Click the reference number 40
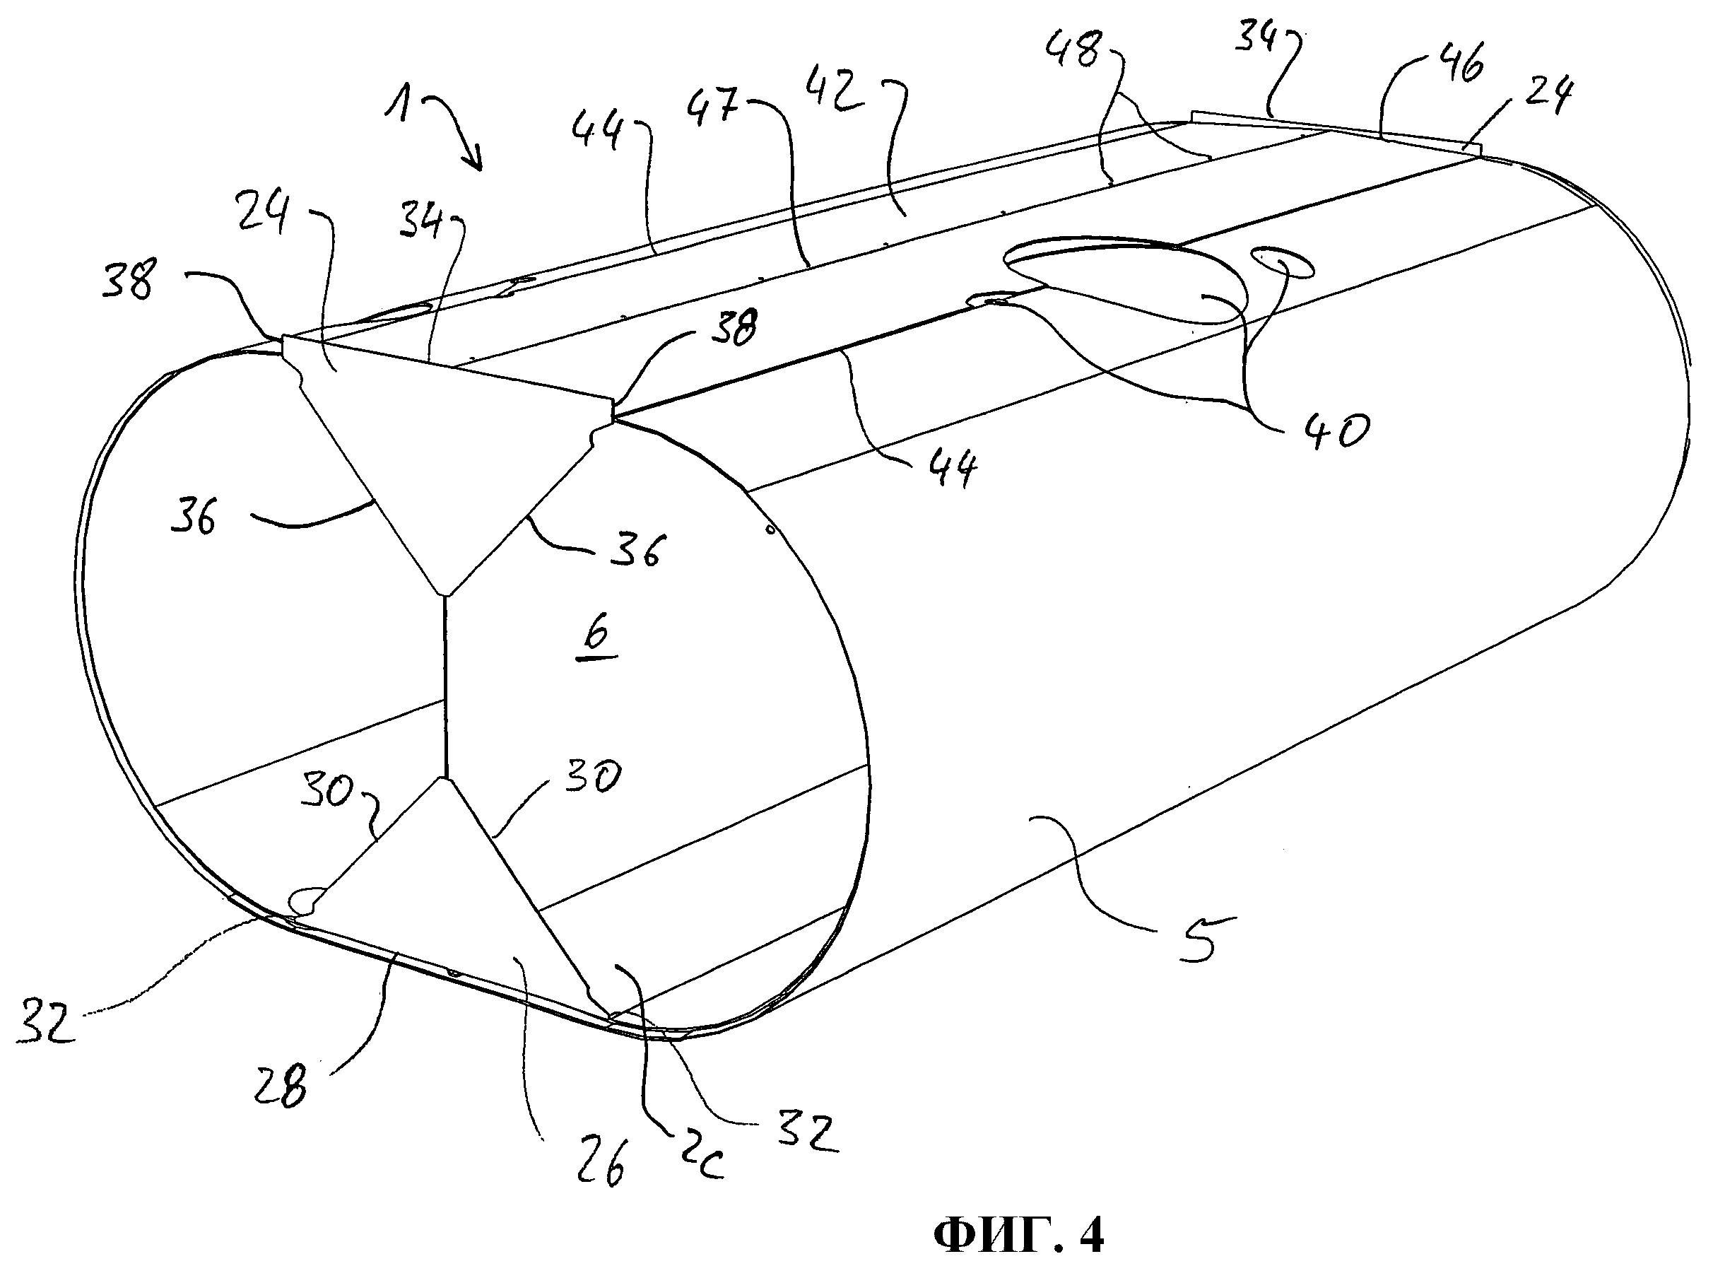point(1331,430)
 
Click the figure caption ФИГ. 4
point(1019,1236)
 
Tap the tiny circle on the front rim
point(771,529)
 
